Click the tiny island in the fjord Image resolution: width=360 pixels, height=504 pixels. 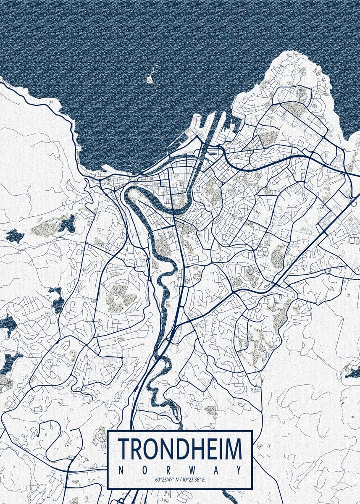click(149, 79)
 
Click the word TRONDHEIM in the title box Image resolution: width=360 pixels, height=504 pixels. click(180, 449)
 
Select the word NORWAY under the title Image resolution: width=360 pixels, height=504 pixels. click(180, 470)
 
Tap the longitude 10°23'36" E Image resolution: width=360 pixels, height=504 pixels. click(195, 479)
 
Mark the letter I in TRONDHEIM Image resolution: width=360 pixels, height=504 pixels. click(220, 449)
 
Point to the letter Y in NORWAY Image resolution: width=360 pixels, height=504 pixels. click(239, 470)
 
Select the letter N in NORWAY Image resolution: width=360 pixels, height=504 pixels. click(122, 470)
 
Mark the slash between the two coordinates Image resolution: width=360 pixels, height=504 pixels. click(180, 479)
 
